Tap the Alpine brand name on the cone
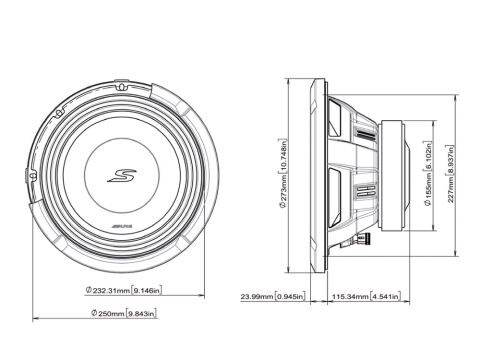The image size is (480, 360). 119,231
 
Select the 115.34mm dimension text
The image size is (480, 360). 349,297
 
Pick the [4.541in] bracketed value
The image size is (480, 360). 390,297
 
